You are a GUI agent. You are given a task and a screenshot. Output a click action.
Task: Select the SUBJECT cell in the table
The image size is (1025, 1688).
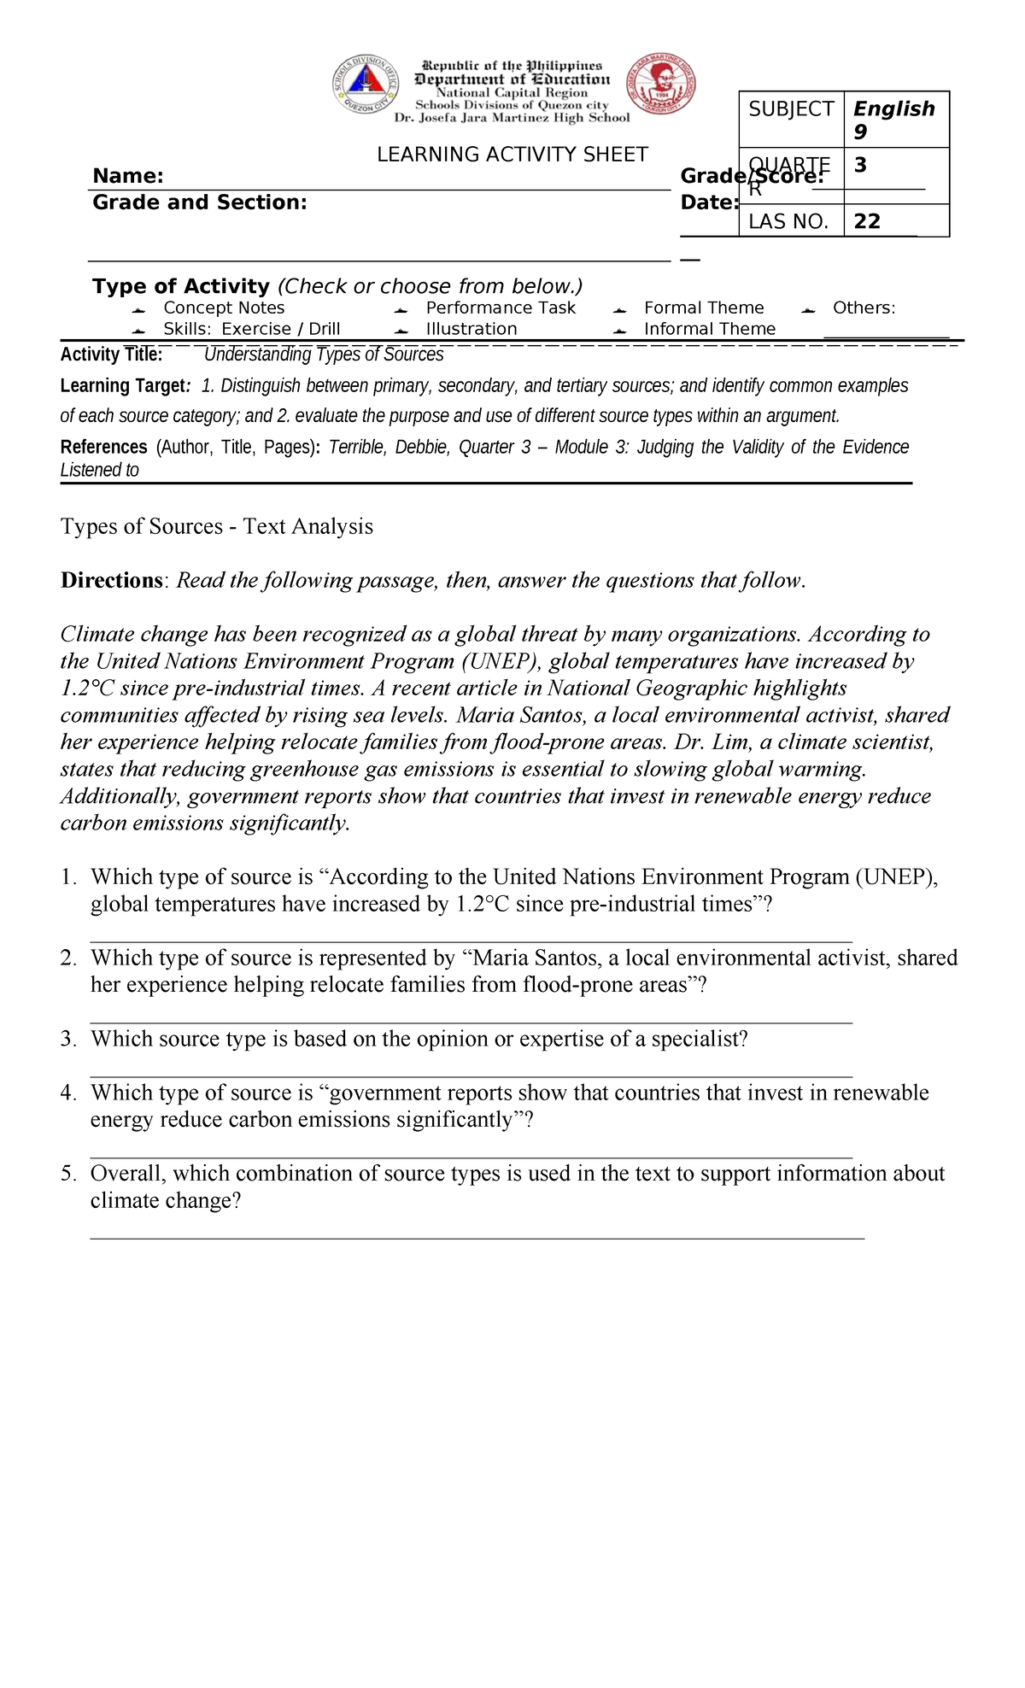point(791,109)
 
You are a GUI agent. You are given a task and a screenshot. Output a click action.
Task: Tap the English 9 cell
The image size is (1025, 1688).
point(893,120)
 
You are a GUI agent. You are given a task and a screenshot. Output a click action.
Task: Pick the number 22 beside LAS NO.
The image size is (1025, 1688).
point(867,221)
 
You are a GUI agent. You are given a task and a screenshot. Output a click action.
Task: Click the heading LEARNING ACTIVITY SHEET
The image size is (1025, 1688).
point(512,155)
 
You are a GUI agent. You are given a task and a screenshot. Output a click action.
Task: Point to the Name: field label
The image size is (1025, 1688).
point(128,176)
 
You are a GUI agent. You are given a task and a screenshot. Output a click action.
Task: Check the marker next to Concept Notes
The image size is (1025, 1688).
point(139,309)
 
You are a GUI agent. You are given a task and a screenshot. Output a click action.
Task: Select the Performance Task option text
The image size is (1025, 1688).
point(501,308)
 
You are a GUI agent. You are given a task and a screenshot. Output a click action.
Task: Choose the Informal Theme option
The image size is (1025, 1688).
point(709,329)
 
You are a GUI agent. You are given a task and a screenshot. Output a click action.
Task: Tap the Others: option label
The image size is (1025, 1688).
point(864,308)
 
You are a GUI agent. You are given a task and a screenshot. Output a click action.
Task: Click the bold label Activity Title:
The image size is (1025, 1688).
point(111,355)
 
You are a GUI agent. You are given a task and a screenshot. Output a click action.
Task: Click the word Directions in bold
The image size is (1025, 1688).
point(111,581)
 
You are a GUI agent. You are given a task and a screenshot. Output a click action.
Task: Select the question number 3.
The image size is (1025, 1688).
point(68,1039)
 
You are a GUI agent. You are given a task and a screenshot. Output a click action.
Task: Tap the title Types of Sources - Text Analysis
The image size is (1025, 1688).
point(217,526)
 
